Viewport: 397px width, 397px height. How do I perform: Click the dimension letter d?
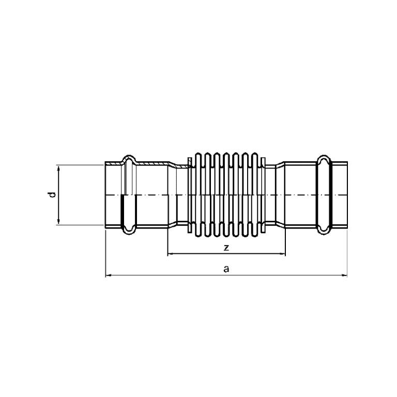point(51,195)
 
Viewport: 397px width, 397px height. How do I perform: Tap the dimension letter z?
point(226,248)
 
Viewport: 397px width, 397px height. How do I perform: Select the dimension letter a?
point(226,269)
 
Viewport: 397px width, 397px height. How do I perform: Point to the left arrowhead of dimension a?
point(107,276)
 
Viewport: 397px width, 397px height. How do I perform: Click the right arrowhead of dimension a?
point(345,276)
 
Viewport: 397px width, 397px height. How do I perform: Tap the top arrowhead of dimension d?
point(58,167)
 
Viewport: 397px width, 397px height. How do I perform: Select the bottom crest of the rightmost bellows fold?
point(256,237)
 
